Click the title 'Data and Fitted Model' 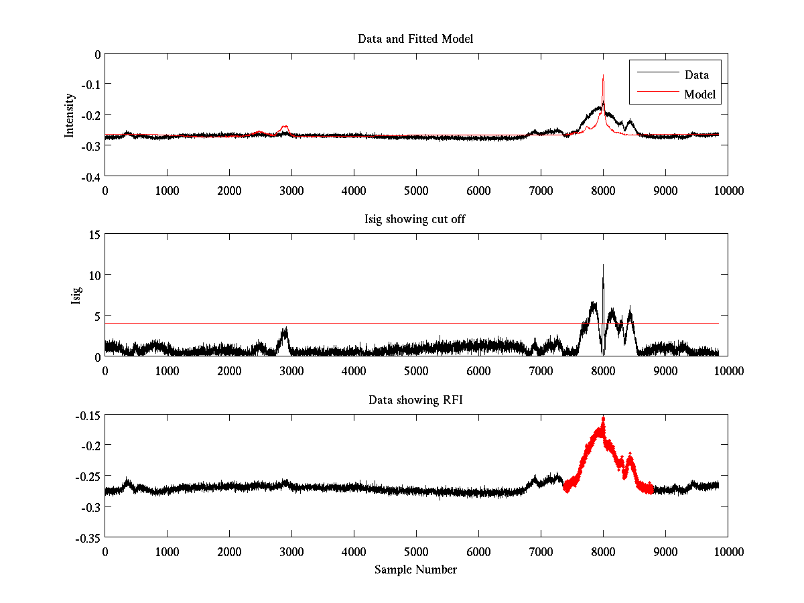click(x=415, y=39)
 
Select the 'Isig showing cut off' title click(x=415, y=220)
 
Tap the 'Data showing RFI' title click(x=415, y=400)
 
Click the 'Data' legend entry click(x=695, y=75)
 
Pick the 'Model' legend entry click(x=699, y=94)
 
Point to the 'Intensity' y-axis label click(x=70, y=115)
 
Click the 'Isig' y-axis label click(x=76, y=295)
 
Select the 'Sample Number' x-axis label click(x=415, y=569)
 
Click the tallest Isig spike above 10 click(x=603, y=266)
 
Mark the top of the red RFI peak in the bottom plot click(x=603, y=419)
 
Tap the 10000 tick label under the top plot click(x=728, y=190)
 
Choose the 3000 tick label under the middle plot click(x=291, y=371)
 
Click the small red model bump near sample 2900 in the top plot click(x=285, y=127)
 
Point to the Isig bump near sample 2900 click(x=285, y=332)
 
